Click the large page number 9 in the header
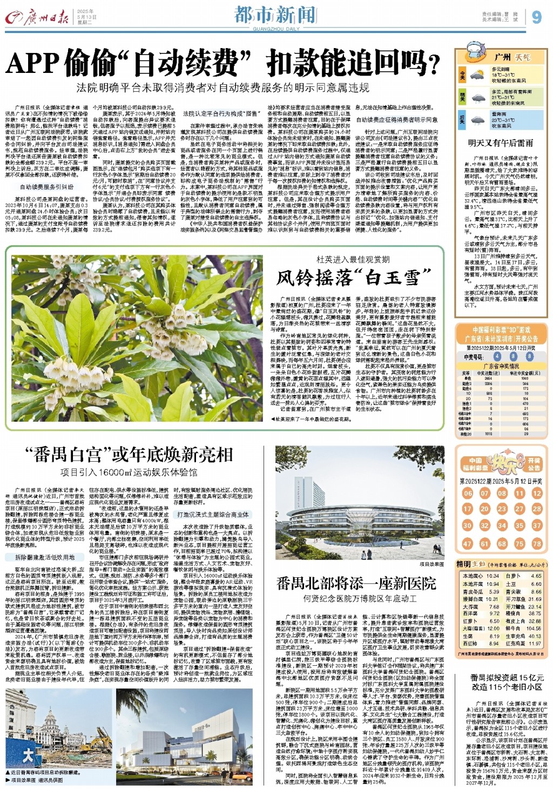536,17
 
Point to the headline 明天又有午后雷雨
501,143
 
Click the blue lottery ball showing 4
497,356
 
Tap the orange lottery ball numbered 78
537,544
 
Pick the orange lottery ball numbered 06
468,494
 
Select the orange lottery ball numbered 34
502,525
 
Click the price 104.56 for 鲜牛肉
534,629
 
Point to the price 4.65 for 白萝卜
536,576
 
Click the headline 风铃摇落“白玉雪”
348,278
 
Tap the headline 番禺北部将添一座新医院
356,584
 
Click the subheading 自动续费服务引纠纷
47,187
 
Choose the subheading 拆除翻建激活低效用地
45,557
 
